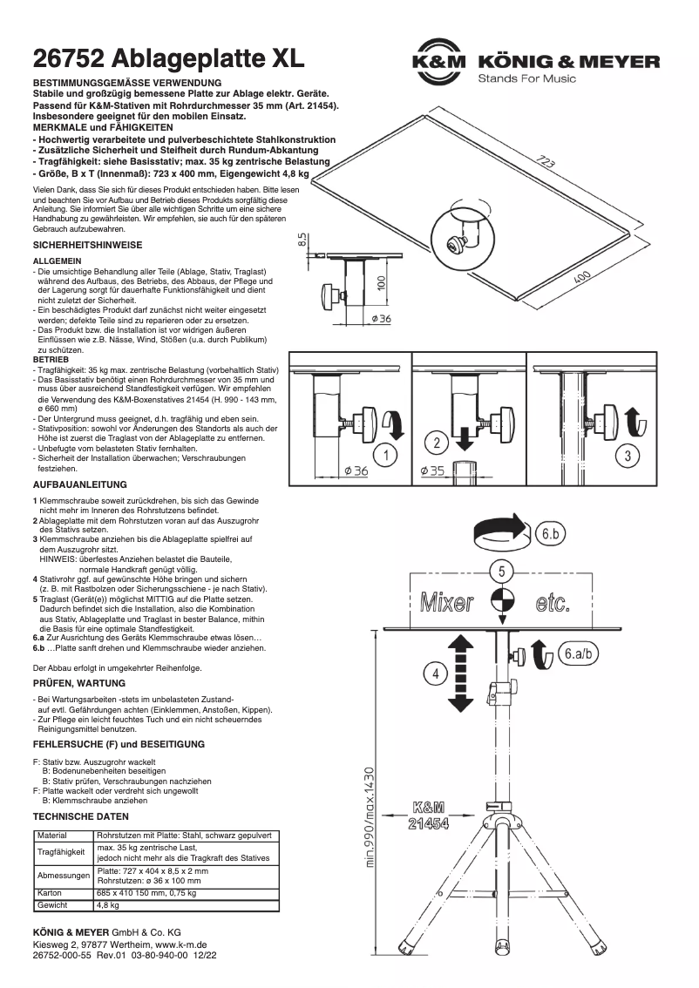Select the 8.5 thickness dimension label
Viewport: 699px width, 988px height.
(301, 240)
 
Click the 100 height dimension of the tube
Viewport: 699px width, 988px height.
(381, 283)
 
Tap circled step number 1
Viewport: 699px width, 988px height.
(384, 453)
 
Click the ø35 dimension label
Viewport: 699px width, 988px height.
(432, 471)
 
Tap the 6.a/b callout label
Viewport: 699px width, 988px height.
(579, 653)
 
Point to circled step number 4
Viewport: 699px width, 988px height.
(435, 671)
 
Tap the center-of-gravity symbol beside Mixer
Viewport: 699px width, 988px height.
(502, 602)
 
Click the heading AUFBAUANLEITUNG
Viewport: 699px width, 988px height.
(80, 484)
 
